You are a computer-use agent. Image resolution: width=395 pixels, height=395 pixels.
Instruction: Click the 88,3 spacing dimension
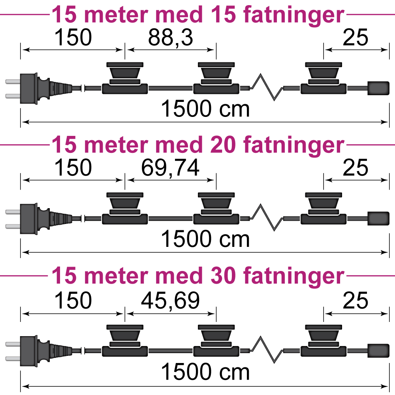click(170, 38)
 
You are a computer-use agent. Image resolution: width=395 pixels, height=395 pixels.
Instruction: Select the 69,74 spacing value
click(170, 168)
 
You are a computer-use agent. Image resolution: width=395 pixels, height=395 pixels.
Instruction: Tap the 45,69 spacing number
click(170, 301)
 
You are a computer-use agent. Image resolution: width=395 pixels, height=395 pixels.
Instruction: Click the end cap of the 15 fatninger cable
click(378, 88)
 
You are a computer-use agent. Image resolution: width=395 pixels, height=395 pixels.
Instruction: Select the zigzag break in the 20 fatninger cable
click(267, 217)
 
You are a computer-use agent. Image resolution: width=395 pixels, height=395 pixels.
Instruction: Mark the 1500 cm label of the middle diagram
click(205, 239)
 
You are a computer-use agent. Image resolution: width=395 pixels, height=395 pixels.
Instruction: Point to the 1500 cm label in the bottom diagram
click(205, 372)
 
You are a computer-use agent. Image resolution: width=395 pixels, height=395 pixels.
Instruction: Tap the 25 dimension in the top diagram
click(355, 38)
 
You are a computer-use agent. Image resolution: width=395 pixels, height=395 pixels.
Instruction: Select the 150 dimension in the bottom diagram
click(73, 301)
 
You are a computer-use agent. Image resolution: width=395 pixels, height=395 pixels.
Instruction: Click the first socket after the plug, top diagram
click(125, 78)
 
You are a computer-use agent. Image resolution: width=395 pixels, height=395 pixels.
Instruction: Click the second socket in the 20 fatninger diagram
click(216, 208)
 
